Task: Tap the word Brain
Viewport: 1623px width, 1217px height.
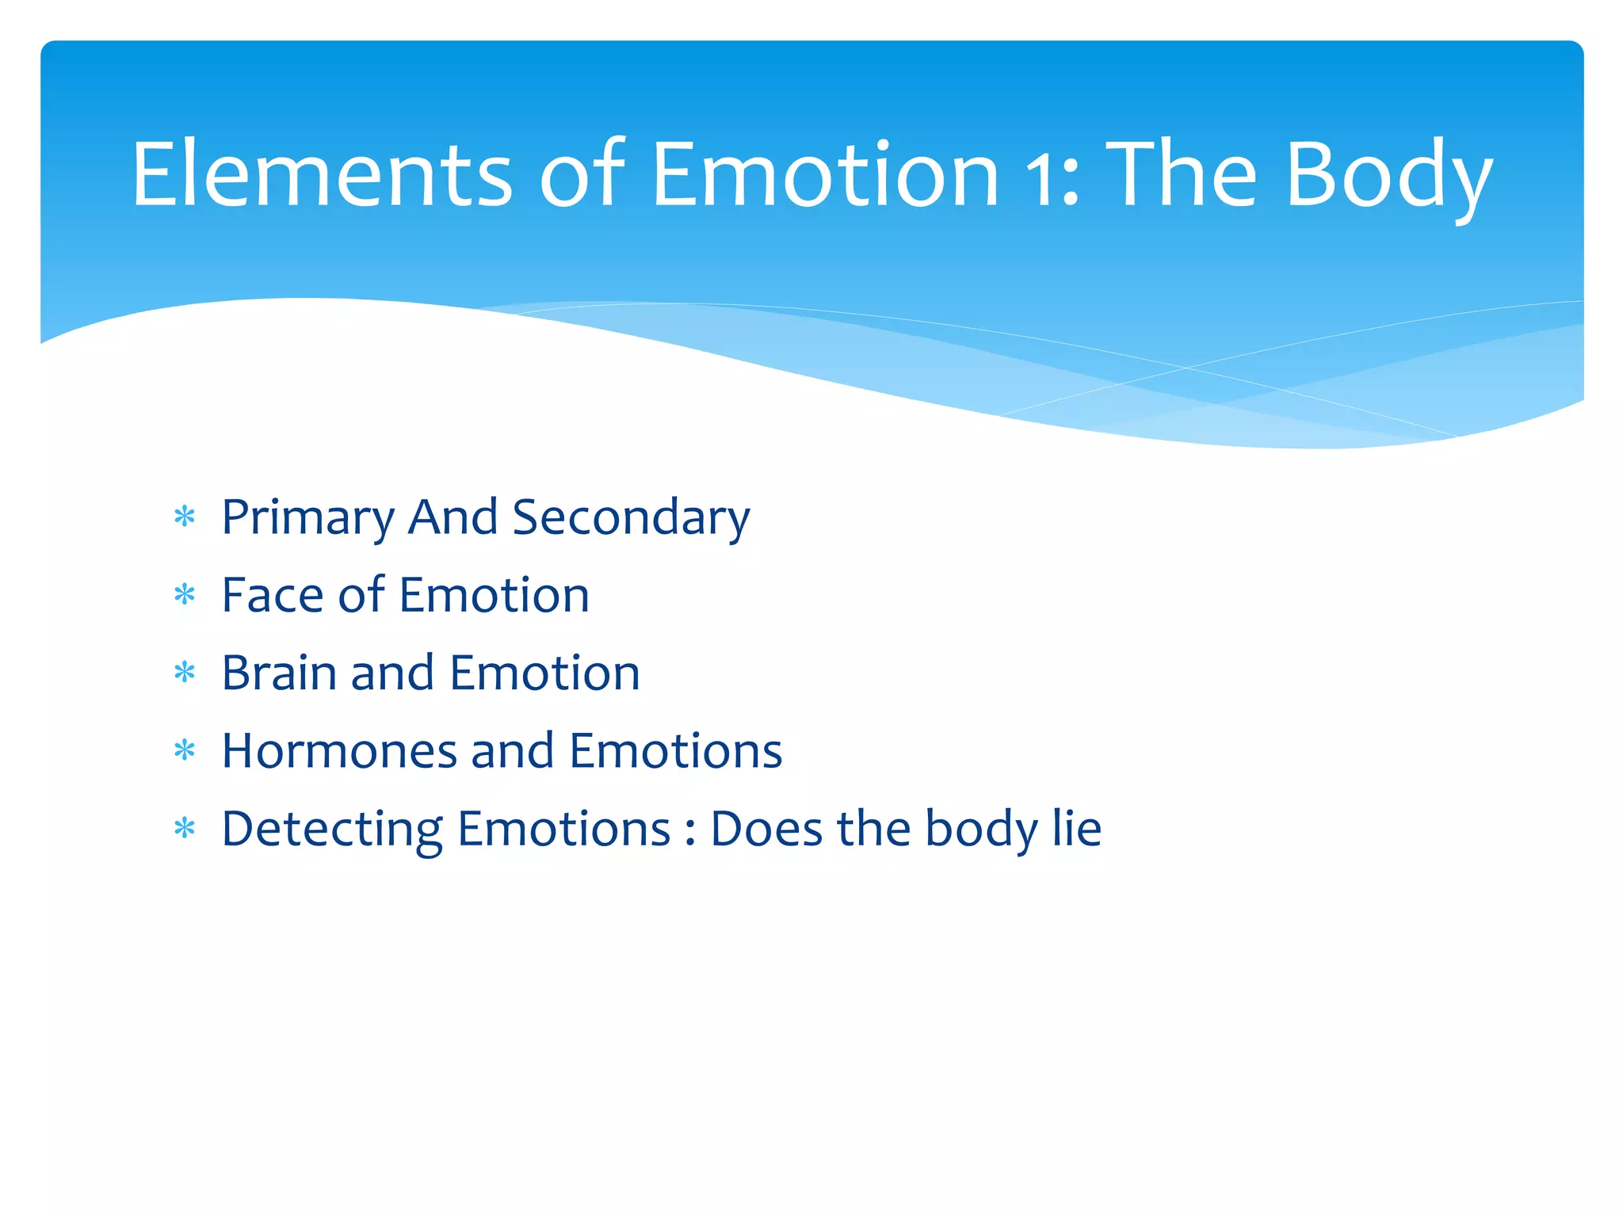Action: [x=279, y=673]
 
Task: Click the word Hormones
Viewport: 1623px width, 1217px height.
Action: [x=339, y=750]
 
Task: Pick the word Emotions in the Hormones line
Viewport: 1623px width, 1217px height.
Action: [x=675, y=750]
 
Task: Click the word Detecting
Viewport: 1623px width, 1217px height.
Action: [x=331, y=830]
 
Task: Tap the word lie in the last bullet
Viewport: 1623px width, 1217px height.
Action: [x=1076, y=828]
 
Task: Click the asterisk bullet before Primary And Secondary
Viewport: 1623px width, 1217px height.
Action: [x=185, y=517]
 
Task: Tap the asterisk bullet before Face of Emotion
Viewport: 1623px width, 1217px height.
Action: [x=185, y=595]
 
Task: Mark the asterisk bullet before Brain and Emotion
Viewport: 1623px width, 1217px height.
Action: [x=185, y=673]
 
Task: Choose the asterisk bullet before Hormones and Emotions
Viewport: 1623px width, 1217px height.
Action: [x=185, y=750]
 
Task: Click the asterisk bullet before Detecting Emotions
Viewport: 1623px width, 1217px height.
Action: [x=185, y=829]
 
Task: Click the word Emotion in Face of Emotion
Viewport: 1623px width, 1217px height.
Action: [x=494, y=595]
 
